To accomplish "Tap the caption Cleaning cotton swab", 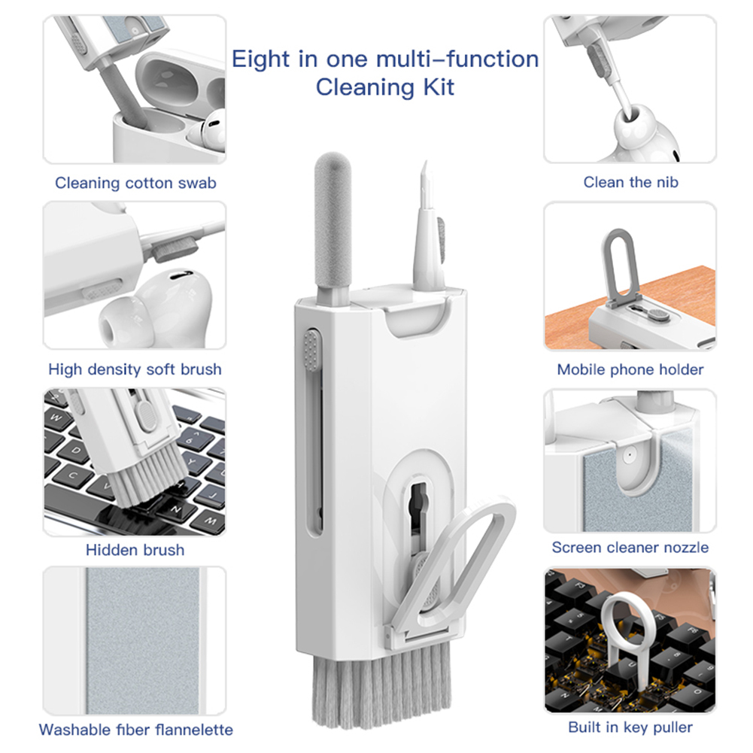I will point(135,183).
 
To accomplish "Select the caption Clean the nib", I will point(630,182).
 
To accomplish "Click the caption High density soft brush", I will point(135,369).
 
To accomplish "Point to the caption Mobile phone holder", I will point(630,369).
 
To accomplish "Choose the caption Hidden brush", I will point(135,550).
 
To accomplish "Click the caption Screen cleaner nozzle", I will point(630,548).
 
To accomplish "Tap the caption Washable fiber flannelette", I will point(135,730).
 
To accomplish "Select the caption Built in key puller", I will point(630,727).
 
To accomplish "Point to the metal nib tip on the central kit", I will point(424,177).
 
